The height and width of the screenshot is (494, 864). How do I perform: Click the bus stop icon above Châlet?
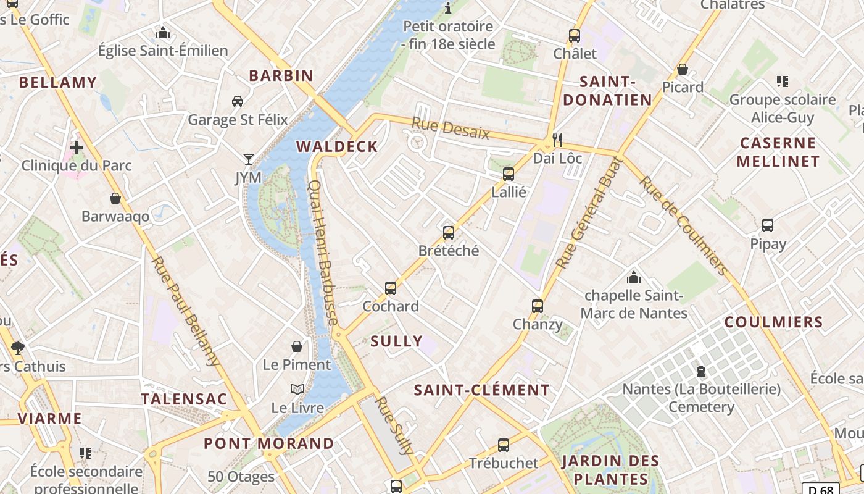(x=574, y=36)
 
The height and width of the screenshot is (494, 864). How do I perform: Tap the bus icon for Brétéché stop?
(x=449, y=233)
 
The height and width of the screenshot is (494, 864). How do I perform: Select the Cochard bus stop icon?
(x=391, y=288)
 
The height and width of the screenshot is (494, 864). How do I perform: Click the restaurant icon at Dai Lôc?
(x=557, y=140)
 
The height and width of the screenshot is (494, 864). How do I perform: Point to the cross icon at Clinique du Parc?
(x=77, y=148)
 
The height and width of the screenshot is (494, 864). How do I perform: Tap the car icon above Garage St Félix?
(x=237, y=101)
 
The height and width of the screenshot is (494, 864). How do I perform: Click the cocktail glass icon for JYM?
(x=249, y=159)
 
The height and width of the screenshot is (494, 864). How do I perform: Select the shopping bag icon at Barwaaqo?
(x=115, y=198)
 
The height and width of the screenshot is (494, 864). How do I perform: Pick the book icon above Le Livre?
(x=297, y=390)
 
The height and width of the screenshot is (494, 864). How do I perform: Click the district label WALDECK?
(x=337, y=146)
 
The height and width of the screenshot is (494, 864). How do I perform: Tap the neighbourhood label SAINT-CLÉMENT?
(x=481, y=390)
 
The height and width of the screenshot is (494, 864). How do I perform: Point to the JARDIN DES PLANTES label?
(x=610, y=470)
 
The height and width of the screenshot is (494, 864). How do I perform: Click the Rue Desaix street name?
(x=451, y=128)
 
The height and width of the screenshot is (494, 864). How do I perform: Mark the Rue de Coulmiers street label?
(x=683, y=225)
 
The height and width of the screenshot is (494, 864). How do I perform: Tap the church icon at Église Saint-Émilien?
(x=163, y=33)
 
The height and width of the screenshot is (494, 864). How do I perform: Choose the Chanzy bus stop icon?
(x=538, y=306)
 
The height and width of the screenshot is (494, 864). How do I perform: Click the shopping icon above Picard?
(x=683, y=69)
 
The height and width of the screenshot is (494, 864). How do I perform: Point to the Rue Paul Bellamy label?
(x=185, y=311)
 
